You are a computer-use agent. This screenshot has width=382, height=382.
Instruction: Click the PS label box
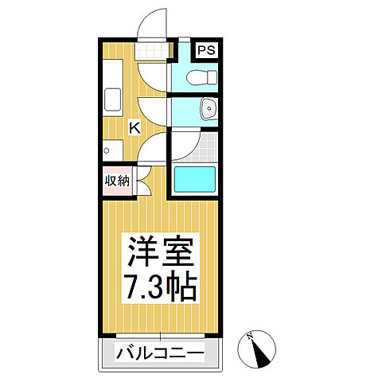click(x=207, y=51)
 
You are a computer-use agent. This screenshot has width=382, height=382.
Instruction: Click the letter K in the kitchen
click(x=135, y=126)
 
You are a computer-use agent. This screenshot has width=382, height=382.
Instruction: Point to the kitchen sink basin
click(x=110, y=101)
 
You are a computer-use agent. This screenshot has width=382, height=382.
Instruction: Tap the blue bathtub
click(x=196, y=181)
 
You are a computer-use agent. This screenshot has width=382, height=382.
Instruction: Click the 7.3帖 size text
click(x=159, y=289)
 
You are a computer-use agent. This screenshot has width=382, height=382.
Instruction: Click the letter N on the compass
click(x=251, y=336)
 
